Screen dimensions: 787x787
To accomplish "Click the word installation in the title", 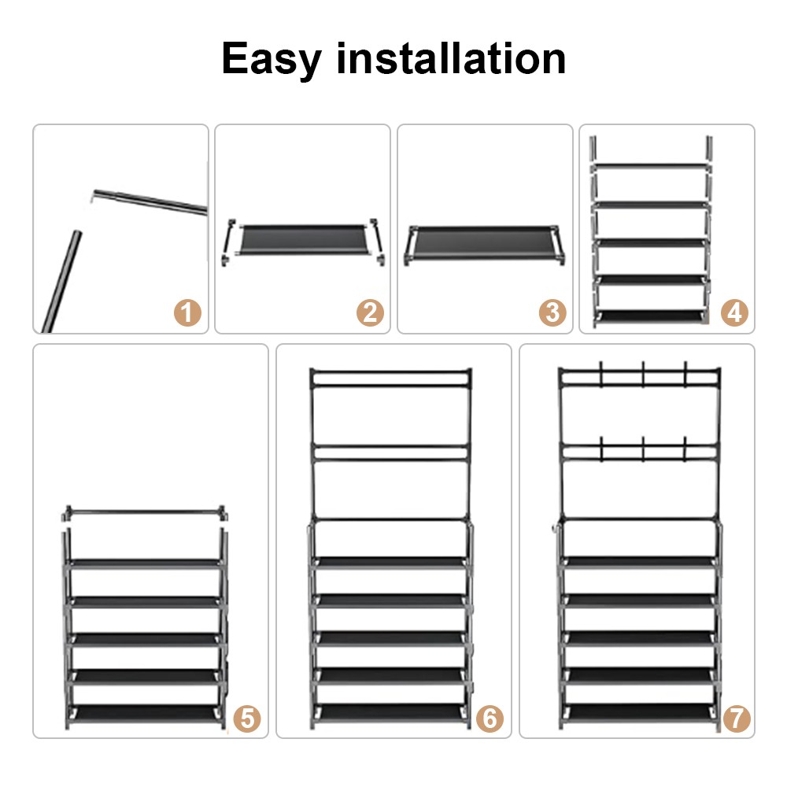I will pyautogui.click(x=451, y=59).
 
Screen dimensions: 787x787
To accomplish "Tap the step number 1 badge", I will pyautogui.click(x=187, y=313).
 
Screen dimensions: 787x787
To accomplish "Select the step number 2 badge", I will pyautogui.click(x=370, y=313).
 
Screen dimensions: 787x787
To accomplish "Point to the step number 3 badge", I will pyautogui.click(x=552, y=313).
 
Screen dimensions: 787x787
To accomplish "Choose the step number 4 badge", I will pyautogui.click(x=734, y=313).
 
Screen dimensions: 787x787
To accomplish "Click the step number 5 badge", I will pyautogui.click(x=246, y=718).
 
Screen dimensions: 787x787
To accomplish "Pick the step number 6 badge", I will pyautogui.click(x=490, y=718).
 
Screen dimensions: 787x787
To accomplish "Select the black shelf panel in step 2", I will pyautogui.click(x=303, y=240).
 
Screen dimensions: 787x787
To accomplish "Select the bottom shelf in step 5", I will pyautogui.click(x=143, y=711).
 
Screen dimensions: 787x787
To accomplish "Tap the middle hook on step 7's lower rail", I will pyautogui.click(x=643, y=449).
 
